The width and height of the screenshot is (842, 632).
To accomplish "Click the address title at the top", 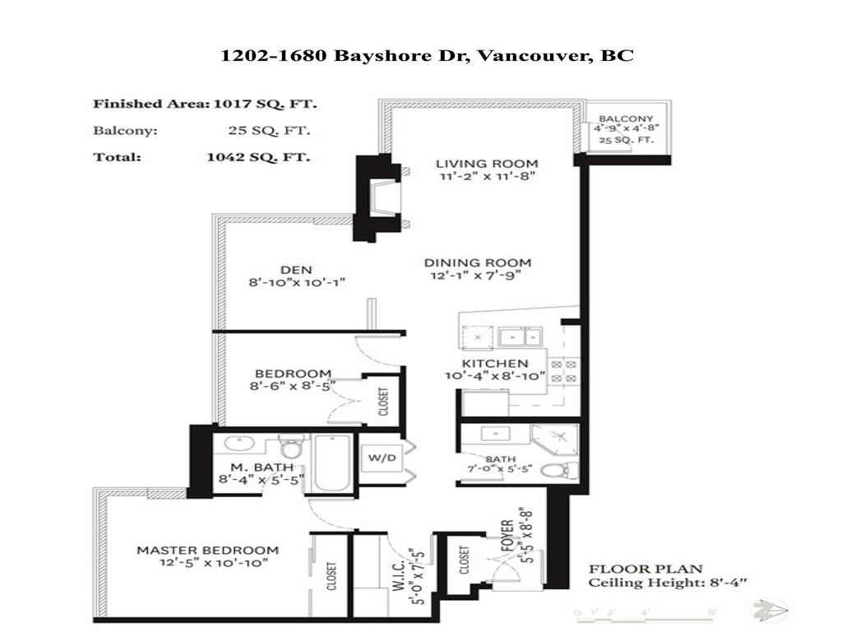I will coord(427,56).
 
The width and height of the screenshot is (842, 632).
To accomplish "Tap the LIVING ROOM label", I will coord(487,163).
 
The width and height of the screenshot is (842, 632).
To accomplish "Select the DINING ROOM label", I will coord(477,263).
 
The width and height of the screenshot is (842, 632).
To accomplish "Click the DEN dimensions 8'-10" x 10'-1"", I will coord(297,282).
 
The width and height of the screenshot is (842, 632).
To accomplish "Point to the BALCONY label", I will coord(626,119).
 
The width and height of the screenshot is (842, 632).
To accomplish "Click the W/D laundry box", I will coord(379,458).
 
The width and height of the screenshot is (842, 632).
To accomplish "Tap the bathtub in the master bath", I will coord(333,464).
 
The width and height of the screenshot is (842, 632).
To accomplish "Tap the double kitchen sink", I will coord(520,337).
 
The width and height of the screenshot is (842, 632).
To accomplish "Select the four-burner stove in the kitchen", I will coord(565,370).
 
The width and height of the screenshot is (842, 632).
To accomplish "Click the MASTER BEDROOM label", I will coord(207,551).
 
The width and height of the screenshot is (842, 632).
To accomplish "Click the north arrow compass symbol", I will coord(770,610).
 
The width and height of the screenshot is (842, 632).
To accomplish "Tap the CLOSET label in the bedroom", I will coord(383,402).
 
